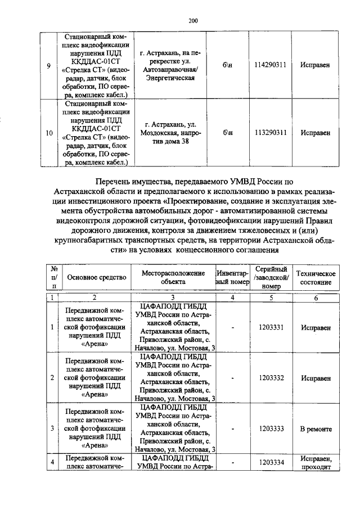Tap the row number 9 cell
[49, 65]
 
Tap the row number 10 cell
[49, 133]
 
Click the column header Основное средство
[94, 277]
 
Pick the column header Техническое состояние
[316, 277]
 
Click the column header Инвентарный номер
[232, 277]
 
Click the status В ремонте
[316, 429]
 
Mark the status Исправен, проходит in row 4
[316, 462]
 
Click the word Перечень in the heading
[120, 182]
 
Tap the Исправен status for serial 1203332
[316, 378]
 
